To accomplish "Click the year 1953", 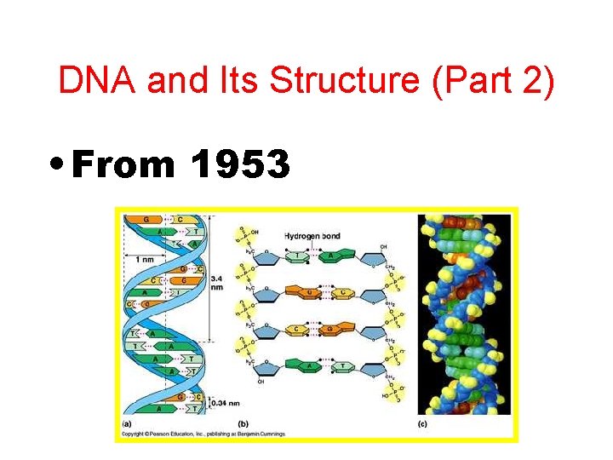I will pyautogui.click(x=241, y=163).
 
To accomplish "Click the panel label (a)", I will pyautogui.click(x=126, y=423).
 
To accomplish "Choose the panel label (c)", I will pyautogui.click(x=422, y=423).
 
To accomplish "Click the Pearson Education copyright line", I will pyautogui.click(x=204, y=434).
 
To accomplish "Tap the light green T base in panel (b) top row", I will pyautogui.click(x=298, y=255).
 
